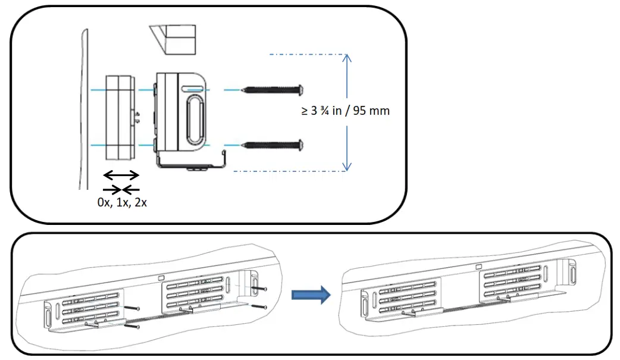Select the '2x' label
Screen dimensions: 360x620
coord(140,202)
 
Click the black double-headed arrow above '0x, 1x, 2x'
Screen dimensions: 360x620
coord(121,176)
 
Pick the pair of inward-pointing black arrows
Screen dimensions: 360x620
coord(121,189)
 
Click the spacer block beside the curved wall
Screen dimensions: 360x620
coord(119,117)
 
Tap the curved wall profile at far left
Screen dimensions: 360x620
coord(82,107)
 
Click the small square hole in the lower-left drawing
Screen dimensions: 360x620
coord(161,278)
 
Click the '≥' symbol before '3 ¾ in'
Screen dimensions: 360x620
coord(305,111)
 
